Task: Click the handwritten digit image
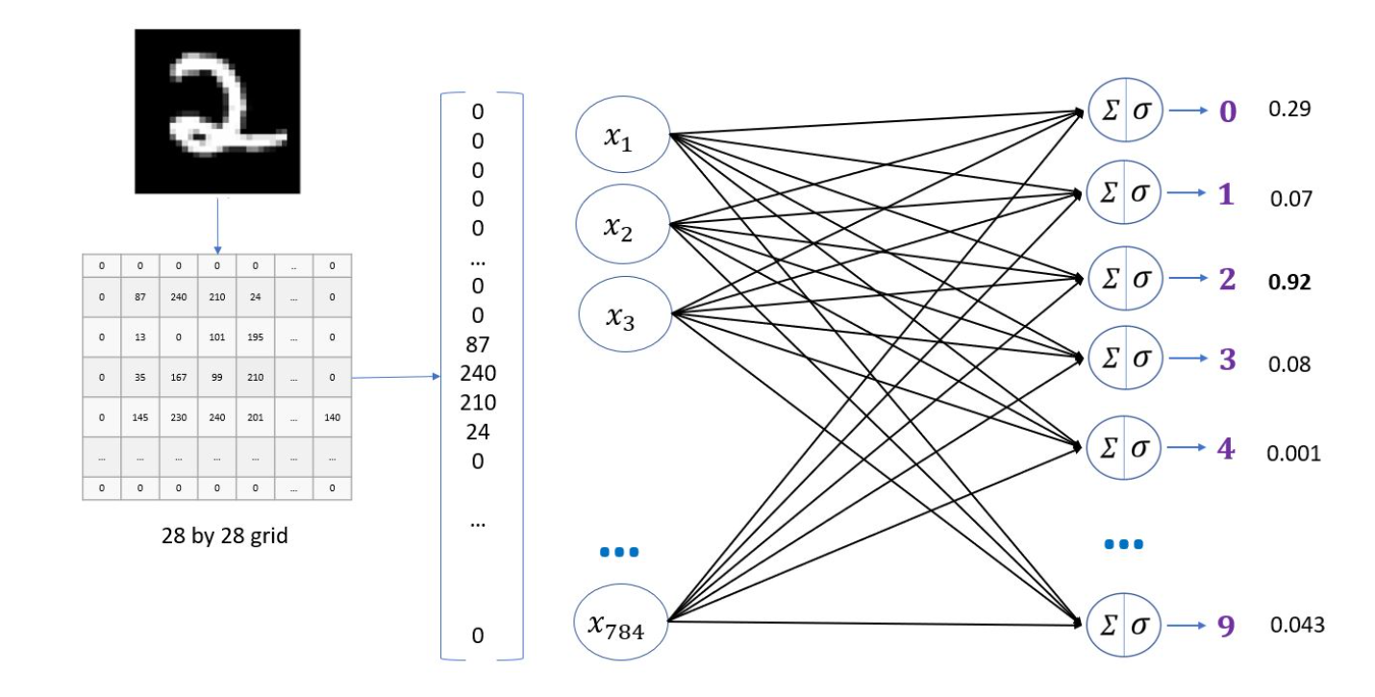[x=216, y=112]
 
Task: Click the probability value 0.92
[x=1289, y=283]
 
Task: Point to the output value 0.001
[x=1294, y=453]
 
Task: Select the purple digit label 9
[x=1226, y=625]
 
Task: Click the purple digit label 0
[x=1228, y=112]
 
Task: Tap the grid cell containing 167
[x=179, y=378]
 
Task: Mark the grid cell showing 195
[x=256, y=337]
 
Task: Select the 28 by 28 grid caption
[x=224, y=536]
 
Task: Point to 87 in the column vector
[x=478, y=344]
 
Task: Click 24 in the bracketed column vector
[x=478, y=432]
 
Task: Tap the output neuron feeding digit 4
[x=1125, y=447]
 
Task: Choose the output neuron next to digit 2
[x=1125, y=279]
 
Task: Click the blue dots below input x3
[x=619, y=552]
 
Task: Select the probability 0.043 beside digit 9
[x=1297, y=625]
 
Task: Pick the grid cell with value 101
[x=217, y=337]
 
